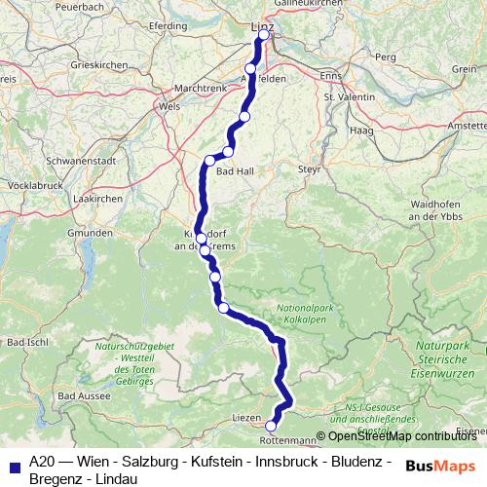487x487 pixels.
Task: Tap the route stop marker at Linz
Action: [x=264, y=36]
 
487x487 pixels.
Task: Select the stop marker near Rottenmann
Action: [x=271, y=425]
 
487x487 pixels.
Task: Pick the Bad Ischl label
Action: [x=26, y=342]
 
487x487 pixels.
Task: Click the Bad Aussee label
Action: [x=82, y=396]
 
